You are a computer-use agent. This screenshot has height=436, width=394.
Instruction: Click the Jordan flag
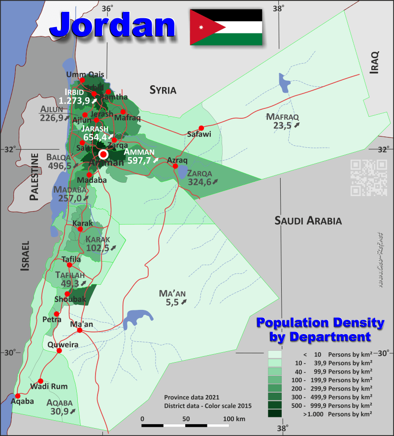click(226, 27)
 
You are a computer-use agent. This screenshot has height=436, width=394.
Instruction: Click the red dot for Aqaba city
click(18, 396)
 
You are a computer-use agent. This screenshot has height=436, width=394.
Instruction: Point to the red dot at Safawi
click(201, 127)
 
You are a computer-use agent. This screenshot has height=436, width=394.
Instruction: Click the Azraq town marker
click(175, 166)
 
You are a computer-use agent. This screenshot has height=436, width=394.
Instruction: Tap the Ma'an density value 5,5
click(172, 303)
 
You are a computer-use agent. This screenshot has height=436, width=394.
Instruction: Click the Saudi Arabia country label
click(308, 220)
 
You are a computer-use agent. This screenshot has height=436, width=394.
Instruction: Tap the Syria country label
click(163, 90)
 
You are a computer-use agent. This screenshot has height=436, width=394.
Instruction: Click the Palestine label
click(34, 177)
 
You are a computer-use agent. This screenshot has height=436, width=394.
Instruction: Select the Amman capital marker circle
click(103, 154)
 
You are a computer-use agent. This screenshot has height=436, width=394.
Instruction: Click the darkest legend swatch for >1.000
click(275, 414)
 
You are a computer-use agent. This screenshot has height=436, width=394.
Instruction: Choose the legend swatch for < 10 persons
click(275, 354)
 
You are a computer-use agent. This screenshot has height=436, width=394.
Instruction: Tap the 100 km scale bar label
click(234, 419)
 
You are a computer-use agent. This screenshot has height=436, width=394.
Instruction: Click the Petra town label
click(52, 320)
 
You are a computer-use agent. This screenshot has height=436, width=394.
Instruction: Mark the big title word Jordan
click(113, 25)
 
